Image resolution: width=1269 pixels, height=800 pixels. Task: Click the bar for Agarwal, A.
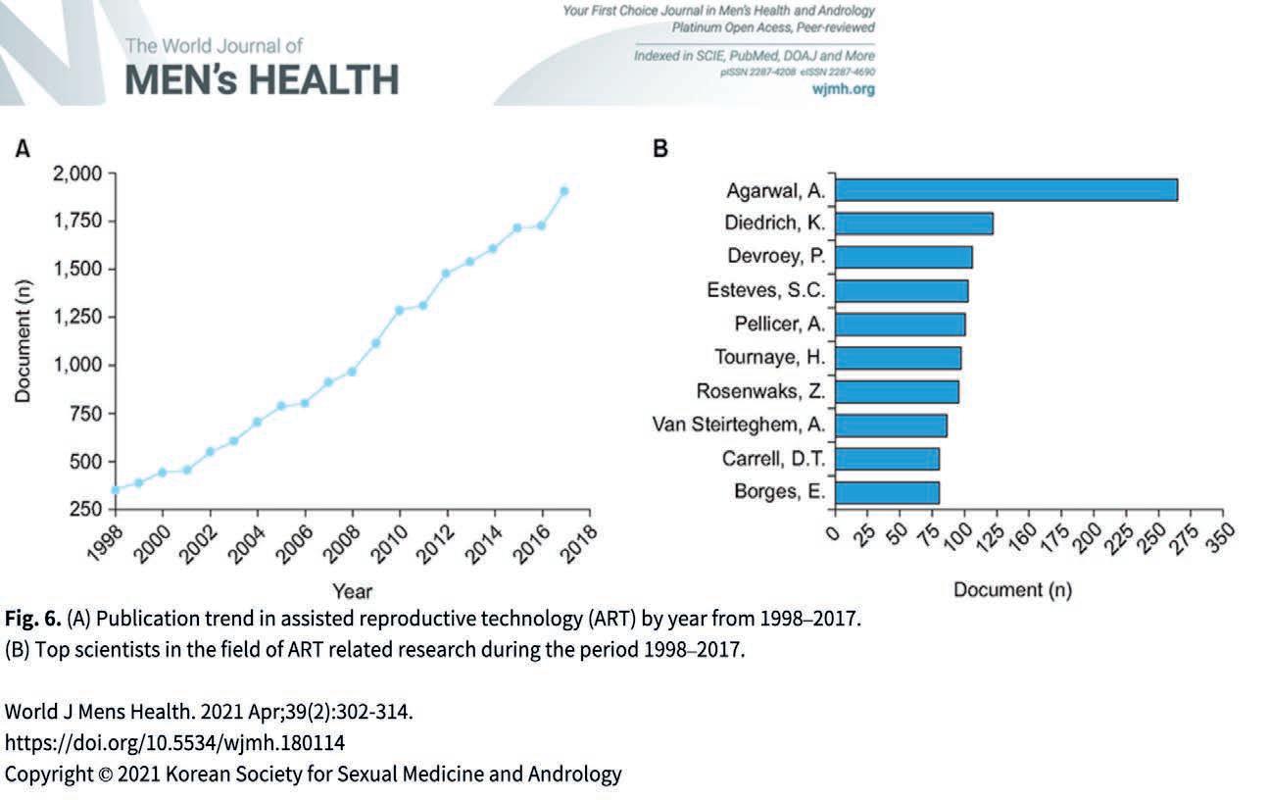click(x=1005, y=189)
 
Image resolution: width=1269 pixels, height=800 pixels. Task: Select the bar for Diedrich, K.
click(x=913, y=224)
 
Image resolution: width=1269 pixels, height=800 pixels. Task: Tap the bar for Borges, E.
click(x=887, y=492)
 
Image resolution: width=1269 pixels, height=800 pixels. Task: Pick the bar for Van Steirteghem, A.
click(x=891, y=425)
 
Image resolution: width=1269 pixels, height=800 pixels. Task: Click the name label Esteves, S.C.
click(x=765, y=291)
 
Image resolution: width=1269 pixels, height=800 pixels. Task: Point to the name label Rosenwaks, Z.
click(x=760, y=392)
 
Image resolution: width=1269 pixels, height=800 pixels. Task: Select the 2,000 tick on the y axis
click(x=74, y=175)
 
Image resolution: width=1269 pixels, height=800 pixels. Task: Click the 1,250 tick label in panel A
click(x=74, y=317)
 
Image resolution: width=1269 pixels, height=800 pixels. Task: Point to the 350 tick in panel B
click(x=1217, y=538)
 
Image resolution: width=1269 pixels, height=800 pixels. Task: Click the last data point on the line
click(x=563, y=191)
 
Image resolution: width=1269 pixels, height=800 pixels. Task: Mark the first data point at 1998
click(x=116, y=489)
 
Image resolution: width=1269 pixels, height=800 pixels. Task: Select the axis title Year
click(x=352, y=591)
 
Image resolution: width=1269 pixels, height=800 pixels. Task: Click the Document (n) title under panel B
click(x=1012, y=590)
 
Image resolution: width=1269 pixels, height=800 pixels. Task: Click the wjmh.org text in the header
click(x=845, y=89)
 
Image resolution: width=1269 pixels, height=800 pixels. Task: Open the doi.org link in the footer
click(x=175, y=742)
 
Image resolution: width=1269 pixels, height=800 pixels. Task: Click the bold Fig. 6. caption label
click(x=33, y=620)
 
